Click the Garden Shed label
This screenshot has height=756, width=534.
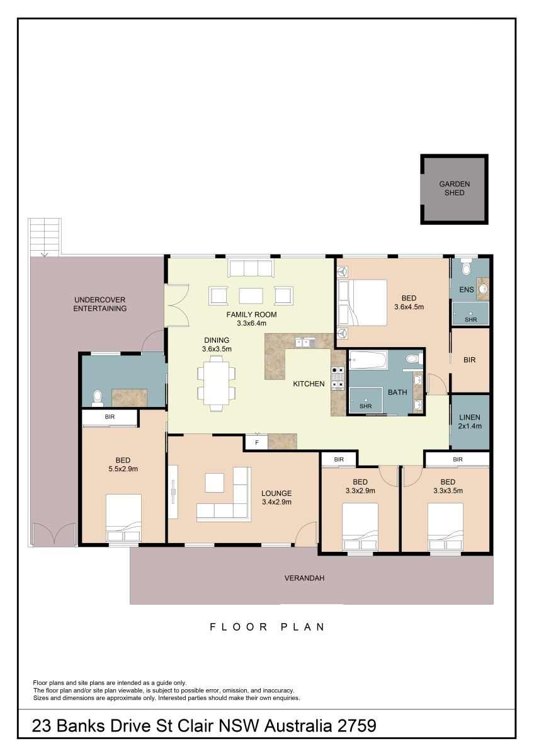click(x=455, y=188)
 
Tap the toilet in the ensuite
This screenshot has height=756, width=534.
click(x=466, y=266)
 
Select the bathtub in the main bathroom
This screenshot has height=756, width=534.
click(x=368, y=360)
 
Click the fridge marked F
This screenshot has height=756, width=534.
click(x=256, y=442)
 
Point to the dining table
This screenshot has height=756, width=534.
click(x=216, y=383)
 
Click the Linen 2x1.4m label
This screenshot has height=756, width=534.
click(x=470, y=421)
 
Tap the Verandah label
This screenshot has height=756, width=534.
click(x=304, y=578)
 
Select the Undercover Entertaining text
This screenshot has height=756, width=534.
click(x=100, y=304)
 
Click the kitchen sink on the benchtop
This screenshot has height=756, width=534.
click(x=305, y=343)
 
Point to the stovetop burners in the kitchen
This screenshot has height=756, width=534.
click(x=338, y=378)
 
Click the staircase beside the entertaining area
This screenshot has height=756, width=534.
click(x=45, y=238)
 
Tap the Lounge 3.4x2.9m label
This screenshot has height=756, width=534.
click(x=276, y=498)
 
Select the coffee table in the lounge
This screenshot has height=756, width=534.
click(x=215, y=483)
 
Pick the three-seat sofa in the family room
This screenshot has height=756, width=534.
click(x=251, y=268)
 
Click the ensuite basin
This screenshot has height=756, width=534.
click(x=483, y=289)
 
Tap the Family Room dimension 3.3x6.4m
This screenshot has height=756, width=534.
click(x=251, y=323)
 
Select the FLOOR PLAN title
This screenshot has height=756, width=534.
click(x=267, y=627)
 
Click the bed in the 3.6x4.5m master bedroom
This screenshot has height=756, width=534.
click(x=362, y=302)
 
